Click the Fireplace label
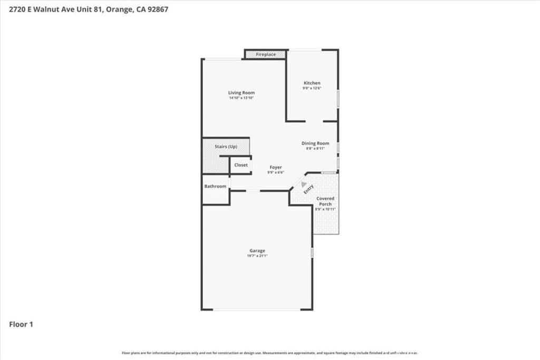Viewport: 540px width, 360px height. click(x=266, y=54)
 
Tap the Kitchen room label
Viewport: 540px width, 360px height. click(x=312, y=83)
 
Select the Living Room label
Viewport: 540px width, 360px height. click(x=242, y=93)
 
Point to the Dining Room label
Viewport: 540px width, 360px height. click(x=315, y=143)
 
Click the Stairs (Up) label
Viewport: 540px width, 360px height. click(x=226, y=146)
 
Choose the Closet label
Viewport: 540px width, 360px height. click(x=241, y=165)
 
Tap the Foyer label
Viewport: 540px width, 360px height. click(x=275, y=167)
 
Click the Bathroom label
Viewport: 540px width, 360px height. click(x=215, y=186)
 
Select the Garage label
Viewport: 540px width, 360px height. click(x=257, y=250)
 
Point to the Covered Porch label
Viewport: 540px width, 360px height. click(x=325, y=201)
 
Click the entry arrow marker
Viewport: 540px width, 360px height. click(x=304, y=183)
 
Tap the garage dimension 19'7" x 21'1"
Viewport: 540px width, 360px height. click(x=257, y=256)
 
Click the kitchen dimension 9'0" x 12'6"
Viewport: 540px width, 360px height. click(x=312, y=88)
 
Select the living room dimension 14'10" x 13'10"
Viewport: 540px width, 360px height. click(x=242, y=98)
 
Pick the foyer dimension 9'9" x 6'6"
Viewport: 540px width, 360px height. click(x=275, y=172)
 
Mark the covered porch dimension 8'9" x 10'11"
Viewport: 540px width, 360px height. click(x=325, y=209)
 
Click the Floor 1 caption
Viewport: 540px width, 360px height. click(x=21, y=324)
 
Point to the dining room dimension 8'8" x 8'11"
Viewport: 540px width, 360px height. click(x=315, y=149)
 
